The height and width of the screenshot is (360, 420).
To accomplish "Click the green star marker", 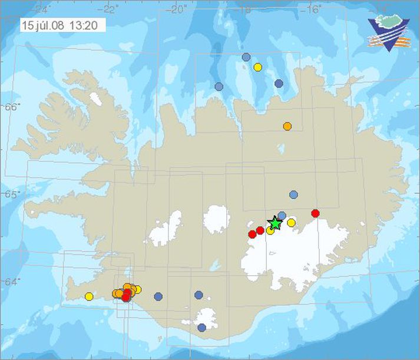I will [275, 223].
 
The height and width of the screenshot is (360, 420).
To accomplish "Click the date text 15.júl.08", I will [42, 25].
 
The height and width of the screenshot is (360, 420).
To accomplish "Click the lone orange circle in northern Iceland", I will [287, 126].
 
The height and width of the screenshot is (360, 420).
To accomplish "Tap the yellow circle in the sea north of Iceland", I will [257, 67].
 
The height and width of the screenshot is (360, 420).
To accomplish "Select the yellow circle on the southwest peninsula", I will [89, 296].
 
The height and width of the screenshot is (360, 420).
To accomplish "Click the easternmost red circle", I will [315, 213].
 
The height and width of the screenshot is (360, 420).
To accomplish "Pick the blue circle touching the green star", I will [282, 216].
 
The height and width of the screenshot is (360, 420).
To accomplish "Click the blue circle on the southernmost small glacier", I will [201, 328].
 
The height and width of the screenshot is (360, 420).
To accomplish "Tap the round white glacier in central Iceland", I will [216, 220].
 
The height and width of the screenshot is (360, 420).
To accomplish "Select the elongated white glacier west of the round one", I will [166, 229].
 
